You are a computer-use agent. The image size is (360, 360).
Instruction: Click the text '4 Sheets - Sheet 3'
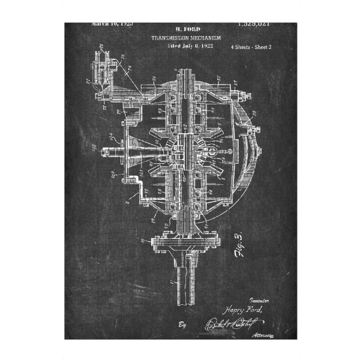point(251,47)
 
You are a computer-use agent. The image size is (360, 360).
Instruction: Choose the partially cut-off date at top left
point(112,25)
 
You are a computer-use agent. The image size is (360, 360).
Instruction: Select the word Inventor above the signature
point(259,297)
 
